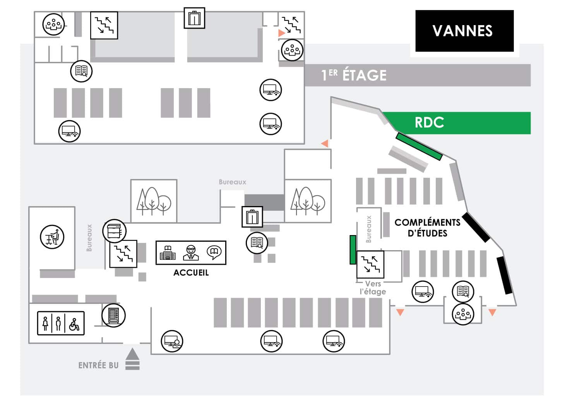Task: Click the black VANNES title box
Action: (464, 31)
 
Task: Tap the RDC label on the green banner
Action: (429, 123)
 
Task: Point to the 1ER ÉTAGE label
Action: (354, 75)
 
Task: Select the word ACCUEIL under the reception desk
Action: (191, 273)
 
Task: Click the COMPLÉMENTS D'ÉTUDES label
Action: (427, 228)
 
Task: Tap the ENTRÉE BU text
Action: (98, 365)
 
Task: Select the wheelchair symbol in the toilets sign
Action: (74, 324)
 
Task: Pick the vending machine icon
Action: (113, 315)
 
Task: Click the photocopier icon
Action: (114, 231)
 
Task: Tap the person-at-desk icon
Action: (52, 237)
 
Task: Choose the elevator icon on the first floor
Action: (194, 18)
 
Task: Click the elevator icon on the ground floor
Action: (252, 217)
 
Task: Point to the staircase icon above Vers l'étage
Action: (370, 264)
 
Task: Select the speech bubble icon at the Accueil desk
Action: (214, 252)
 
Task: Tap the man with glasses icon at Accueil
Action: (191, 252)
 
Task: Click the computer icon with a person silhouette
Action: (172, 341)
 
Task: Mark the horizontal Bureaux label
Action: (232, 182)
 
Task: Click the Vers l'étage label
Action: (373, 288)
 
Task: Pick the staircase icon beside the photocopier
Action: (123, 254)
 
